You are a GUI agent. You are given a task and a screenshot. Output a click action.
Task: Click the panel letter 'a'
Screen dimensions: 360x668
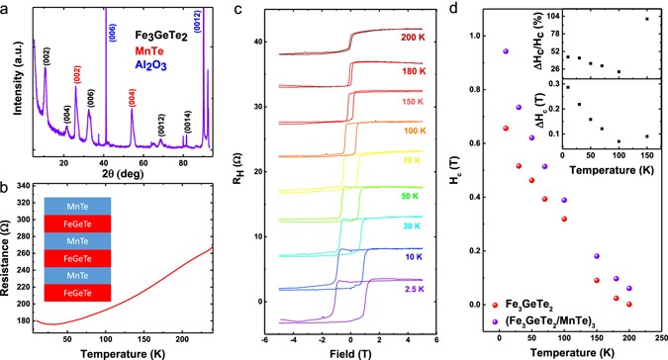(6, 8)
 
